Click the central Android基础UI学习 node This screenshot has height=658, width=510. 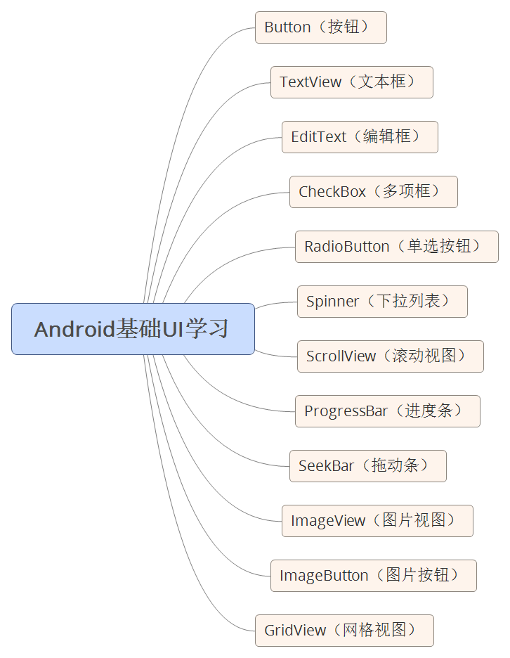pyautogui.click(x=133, y=329)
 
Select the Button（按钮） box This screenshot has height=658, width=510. pyautogui.click(x=320, y=27)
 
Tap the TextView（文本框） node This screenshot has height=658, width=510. pyautogui.click(x=351, y=82)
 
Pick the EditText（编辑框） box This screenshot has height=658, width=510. pyautogui.click(x=360, y=137)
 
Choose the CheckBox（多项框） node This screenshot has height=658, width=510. pyautogui.click(x=373, y=192)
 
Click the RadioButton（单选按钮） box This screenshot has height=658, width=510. pyautogui.click(x=396, y=247)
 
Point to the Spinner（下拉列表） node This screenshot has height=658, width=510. pyautogui.click(x=381, y=302)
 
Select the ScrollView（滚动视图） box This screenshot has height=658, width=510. pyautogui.click(x=390, y=356)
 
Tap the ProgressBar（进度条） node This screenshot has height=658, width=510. pyautogui.click(x=387, y=411)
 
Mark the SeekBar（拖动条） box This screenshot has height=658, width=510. pyautogui.click(x=367, y=466)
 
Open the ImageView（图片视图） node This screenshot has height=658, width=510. pyautogui.click(x=377, y=521)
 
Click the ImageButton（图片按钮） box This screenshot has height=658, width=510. pyautogui.click(x=373, y=576)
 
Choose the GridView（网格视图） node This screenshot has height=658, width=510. pyautogui.click(x=344, y=631)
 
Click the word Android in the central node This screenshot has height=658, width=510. pyautogui.click(x=74, y=329)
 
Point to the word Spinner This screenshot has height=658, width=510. pyautogui.click(x=332, y=302)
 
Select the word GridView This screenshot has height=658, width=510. pyautogui.click(x=295, y=631)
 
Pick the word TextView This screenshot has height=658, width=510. pyautogui.click(x=310, y=82)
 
